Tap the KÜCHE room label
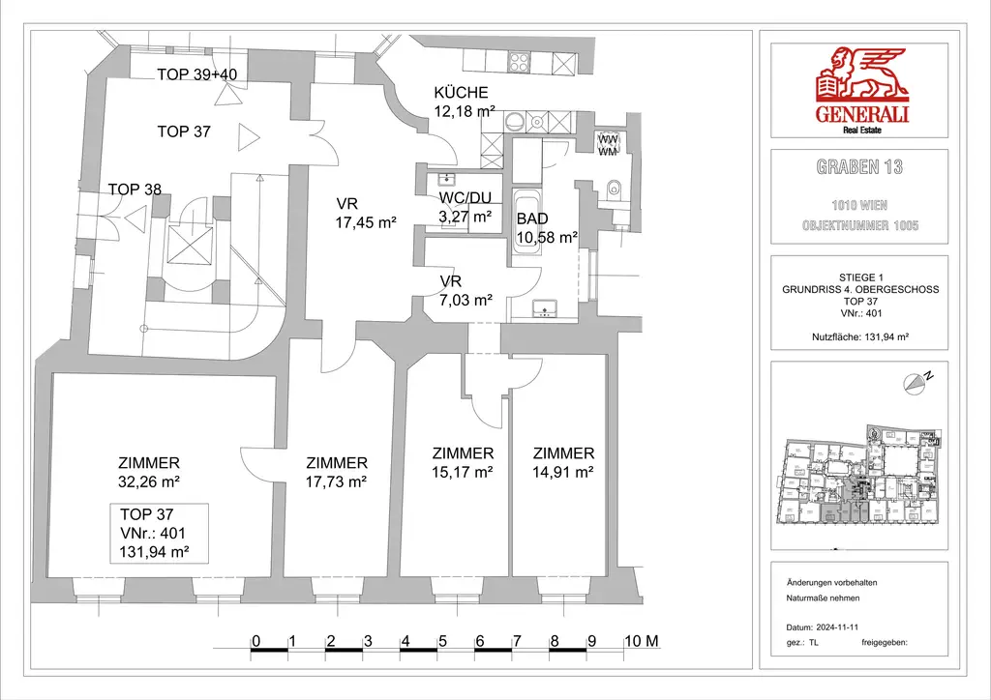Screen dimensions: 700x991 (462, 93)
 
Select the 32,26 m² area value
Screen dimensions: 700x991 (149, 481)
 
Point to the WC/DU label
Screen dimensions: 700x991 (465, 199)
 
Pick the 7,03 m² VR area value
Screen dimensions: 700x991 (465, 300)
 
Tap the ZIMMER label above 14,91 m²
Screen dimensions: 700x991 (563, 453)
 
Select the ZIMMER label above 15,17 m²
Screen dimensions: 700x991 (463, 453)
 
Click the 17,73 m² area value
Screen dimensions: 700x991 (336, 481)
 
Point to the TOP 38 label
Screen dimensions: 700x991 (135, 190)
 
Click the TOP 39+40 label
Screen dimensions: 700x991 (196, 73)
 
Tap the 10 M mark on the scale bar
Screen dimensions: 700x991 (642, 641)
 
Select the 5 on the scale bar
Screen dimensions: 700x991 (442, 641)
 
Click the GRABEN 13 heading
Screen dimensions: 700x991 (859, 167)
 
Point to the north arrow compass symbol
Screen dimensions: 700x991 (915, 383)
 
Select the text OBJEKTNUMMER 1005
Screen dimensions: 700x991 (859, 225)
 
